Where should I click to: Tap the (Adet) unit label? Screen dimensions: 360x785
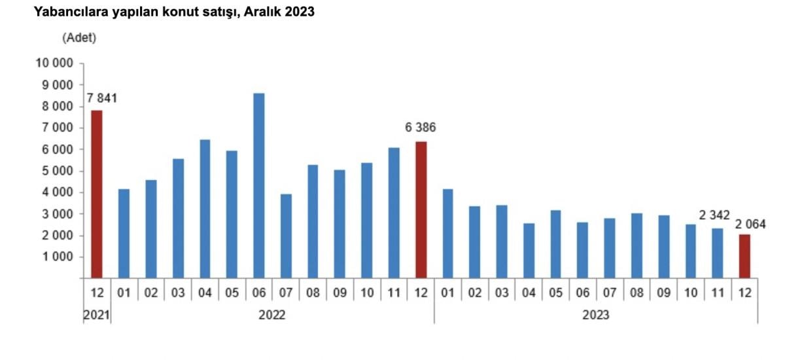(x=79, y=38)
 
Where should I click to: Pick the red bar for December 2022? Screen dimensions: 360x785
(x=421, y=209)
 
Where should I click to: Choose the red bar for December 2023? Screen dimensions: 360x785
(x=745, y=256)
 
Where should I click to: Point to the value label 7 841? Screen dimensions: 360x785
(x=103, y=99)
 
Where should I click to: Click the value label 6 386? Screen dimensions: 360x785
(x=420, y=128)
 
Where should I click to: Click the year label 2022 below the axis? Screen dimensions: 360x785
(x=272, y=315)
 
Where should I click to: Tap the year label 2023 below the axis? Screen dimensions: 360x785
(x=595, y=315)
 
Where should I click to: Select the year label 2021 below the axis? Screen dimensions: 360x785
(x=96, y=315)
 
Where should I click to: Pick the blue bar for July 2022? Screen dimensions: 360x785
(x=286, y=236)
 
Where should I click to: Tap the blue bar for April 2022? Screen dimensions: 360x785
(x=205, y=209)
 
